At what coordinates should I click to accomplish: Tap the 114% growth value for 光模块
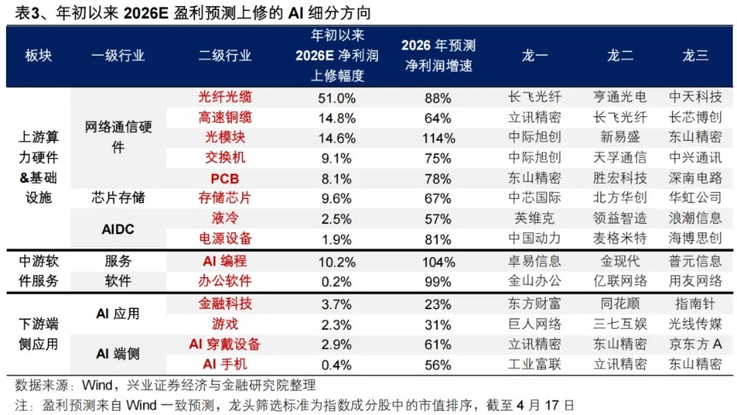pyautogui.click(x=437, y=137)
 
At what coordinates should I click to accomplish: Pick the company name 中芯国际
pyautogui.click(x=535, y=197)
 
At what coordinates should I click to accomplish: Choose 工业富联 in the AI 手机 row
pyautogui.click(x=535, y=365)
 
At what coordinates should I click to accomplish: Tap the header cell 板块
pyautogui.click(x=38, y=56)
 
